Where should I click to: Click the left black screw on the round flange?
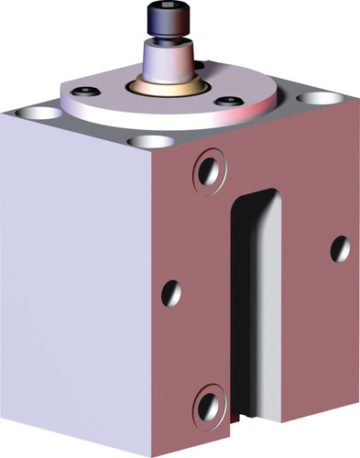tap(87, 92)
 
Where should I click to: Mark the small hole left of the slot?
tap(171, 293)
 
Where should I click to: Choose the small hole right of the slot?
tap(339, 247)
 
